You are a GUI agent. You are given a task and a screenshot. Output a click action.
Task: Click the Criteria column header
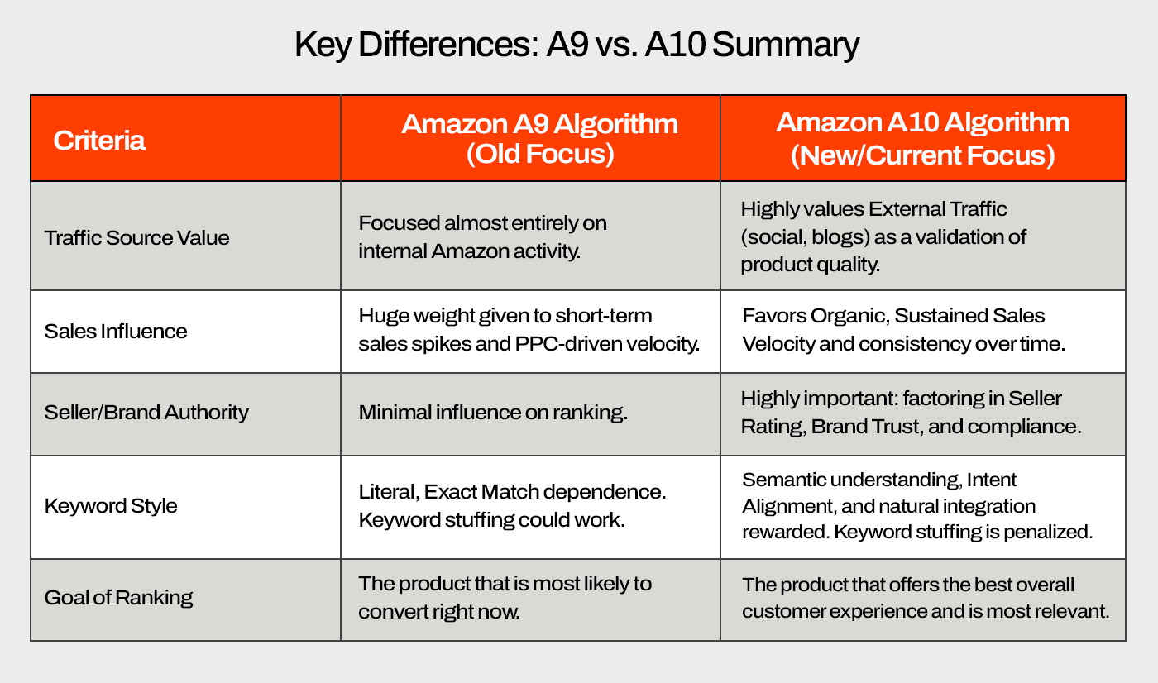coord(99,141)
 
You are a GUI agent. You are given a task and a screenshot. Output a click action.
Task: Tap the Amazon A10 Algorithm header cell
coord(923,139)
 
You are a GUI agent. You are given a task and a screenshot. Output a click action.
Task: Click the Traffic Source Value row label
coord(136,238)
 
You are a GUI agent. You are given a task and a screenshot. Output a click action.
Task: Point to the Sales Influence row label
coord(116,332)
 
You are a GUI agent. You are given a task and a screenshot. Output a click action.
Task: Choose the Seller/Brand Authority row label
coord(146,413)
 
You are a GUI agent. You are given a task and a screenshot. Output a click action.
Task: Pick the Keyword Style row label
coord(111,506)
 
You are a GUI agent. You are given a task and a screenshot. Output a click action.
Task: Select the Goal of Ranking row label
coord(118,598)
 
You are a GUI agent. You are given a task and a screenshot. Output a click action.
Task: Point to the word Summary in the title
coord(786,45)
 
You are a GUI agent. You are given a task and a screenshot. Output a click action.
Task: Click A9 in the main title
coord(567,45)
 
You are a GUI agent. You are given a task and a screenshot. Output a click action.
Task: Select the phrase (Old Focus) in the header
coord(540,154)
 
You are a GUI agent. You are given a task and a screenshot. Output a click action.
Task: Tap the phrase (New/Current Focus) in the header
coord(923,155)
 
